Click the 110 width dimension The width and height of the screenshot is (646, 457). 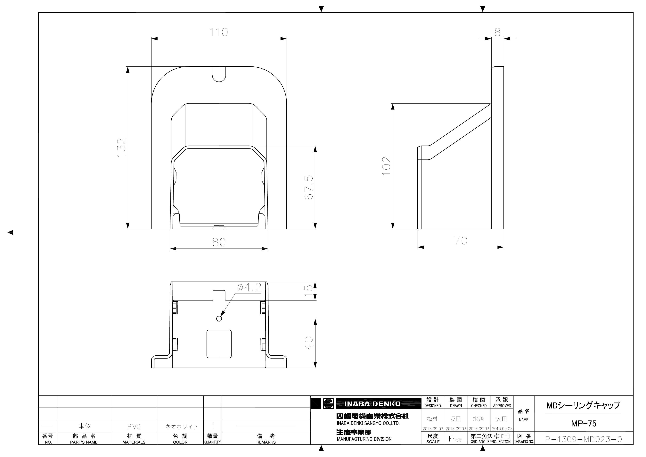tap(219, 32)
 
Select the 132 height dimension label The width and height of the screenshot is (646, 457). tap(122, 148)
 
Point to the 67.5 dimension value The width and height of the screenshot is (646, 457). tap(309, 187)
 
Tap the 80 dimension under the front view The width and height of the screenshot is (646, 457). tap(219, 242)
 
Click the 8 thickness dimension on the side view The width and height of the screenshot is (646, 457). tap(497, 32)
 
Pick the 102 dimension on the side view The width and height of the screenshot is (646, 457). tap(386, 166)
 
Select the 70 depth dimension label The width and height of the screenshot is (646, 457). tap(461, 241)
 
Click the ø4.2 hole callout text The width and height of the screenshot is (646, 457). tap(249, 287)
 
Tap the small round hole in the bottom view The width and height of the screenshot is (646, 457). tap(219, 318)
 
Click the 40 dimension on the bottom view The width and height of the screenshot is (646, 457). tap(309, 343)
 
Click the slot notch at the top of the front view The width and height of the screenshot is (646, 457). tap(219, 74)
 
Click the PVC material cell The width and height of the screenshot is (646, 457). tap(134, 427)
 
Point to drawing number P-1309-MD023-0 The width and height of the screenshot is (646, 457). tap(584, 439)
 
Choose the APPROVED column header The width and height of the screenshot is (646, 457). tap(502, 406)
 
